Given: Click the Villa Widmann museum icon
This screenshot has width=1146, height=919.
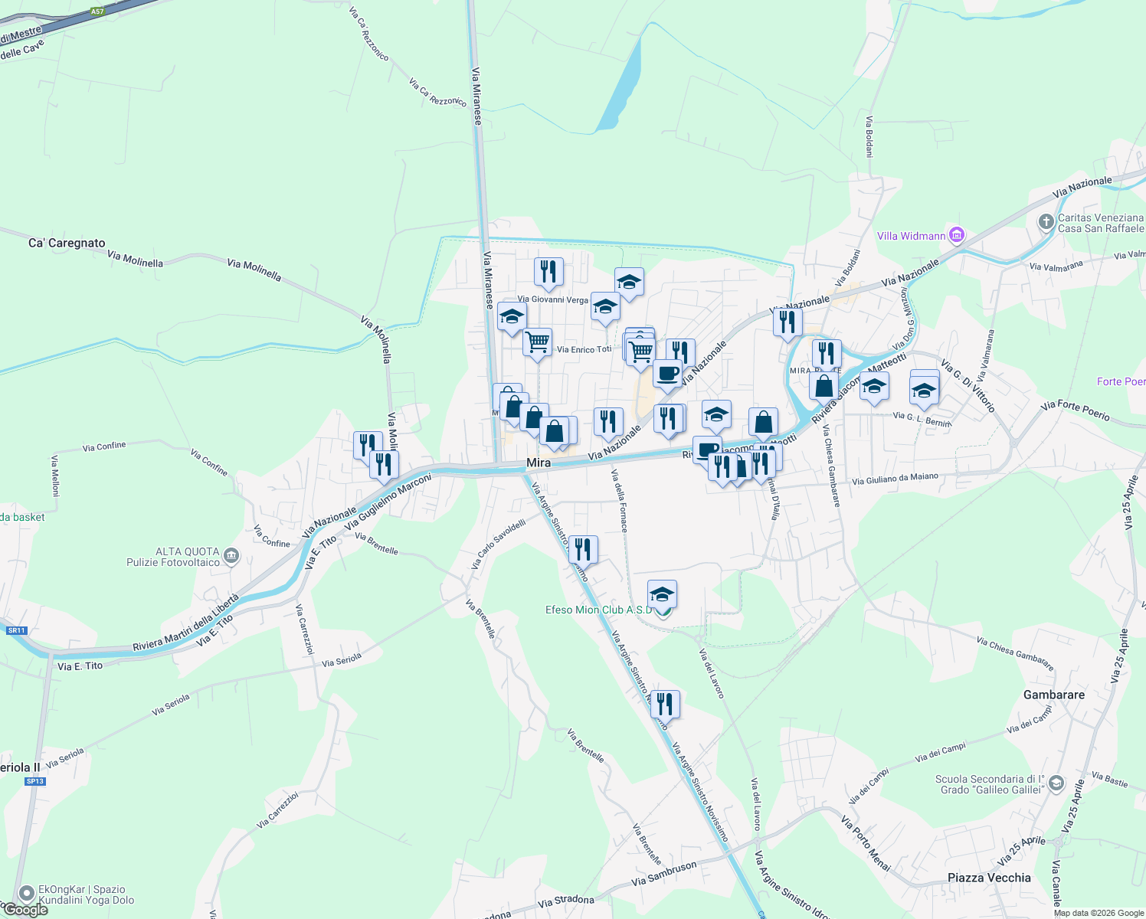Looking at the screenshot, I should pos(956,235).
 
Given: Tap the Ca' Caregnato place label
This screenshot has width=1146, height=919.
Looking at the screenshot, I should pos(67,243).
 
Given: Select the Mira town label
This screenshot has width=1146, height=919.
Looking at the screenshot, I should pos(539,463).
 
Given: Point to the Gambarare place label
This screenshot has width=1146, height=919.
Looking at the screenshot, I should pos(1054,695).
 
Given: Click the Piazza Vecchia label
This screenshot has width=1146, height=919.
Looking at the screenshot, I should pos(989,878).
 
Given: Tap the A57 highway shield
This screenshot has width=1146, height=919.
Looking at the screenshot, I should pos(97,11).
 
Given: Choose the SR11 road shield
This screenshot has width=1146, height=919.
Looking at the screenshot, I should pos(16,630).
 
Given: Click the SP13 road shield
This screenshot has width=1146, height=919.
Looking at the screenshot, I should pos(35,781).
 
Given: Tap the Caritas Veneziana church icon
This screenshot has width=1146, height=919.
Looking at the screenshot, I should pos(1046,222).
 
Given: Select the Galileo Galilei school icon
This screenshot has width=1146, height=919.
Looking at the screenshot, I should pos(1056,783).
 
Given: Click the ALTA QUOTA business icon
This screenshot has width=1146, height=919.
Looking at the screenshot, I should pos(232,556).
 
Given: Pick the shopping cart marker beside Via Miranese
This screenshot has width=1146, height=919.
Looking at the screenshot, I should pos(538,341).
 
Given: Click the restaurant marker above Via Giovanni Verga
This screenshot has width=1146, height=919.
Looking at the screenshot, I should pos(548,272).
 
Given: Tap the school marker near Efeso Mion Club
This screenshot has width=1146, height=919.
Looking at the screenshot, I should pos(662,594).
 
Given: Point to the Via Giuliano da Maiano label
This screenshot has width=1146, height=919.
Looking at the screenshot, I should pos(895,479).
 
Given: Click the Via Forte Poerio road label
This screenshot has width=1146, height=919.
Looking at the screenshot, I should pos(1075,410).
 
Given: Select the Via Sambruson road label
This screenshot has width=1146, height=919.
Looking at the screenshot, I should pos(664,873).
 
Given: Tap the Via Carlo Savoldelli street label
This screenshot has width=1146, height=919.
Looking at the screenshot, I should pos(498,544).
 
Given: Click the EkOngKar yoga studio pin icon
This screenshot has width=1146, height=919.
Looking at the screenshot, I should pos(27,893).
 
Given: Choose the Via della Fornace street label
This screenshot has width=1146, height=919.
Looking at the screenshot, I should pos(620,500).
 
